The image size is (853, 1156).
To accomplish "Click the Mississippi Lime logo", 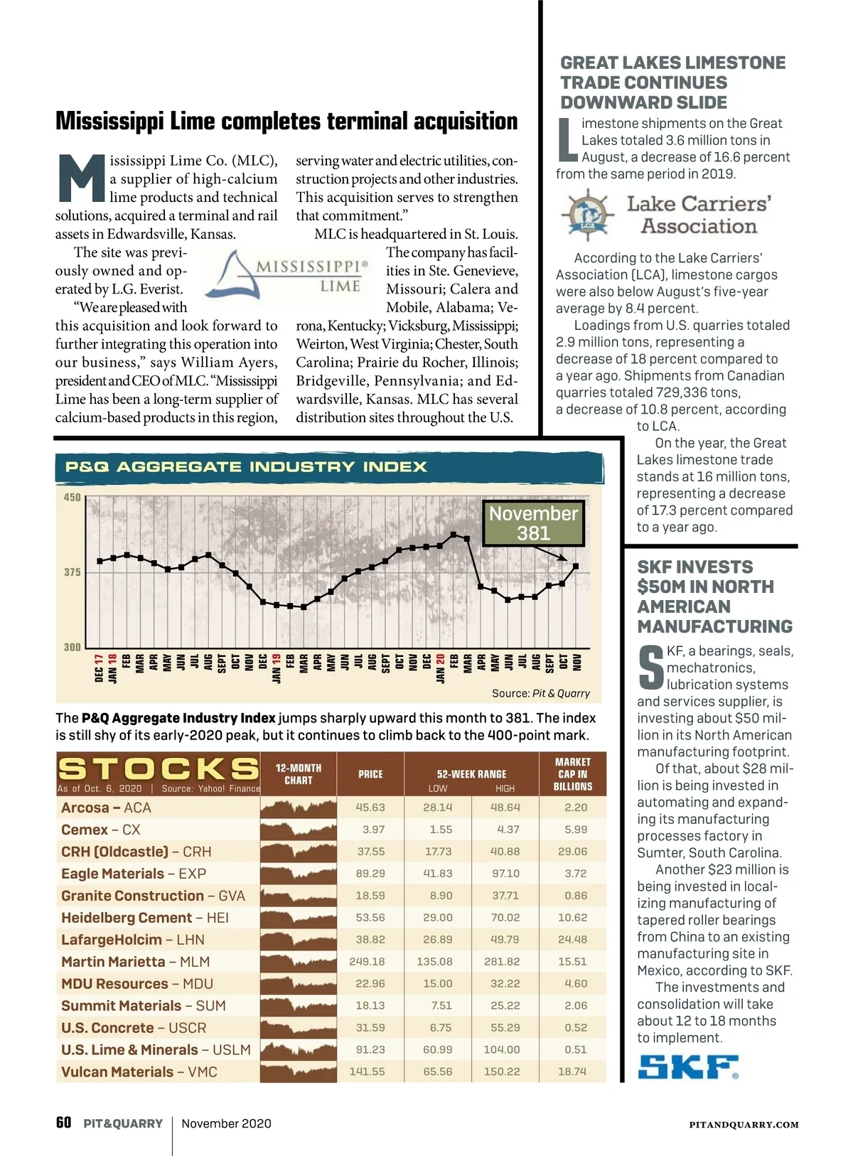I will click(x=287, y=276).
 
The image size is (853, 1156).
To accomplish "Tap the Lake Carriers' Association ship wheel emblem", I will click(x=587, y=214).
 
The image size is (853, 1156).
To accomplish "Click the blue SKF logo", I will click(x=687, y=1066).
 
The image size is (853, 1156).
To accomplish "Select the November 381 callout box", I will click(x=533, y=523).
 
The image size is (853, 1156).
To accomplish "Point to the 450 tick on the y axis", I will click(x=73, y=498).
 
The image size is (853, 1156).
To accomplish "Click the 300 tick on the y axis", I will click(x=73, y=647).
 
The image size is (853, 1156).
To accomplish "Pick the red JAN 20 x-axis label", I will click(x=440, y=668).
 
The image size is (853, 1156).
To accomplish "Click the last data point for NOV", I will click(x=576, y=566).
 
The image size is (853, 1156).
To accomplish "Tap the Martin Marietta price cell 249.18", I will click(x=367, y=961).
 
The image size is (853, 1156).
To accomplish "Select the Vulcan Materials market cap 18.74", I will click(x=572, y=1071).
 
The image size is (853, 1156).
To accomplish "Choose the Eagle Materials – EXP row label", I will click(x=134, y=874).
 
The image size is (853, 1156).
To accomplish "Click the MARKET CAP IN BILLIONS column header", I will click(x=573, y=774).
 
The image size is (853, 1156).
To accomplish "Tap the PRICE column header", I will click(x=370, y=774).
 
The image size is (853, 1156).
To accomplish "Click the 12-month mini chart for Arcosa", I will click(x=299, y=808).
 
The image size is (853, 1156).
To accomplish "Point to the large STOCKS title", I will click(x=158, y=769).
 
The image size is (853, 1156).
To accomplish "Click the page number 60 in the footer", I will click(x=63, y=1123).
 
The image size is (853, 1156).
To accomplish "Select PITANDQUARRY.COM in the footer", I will click(x=744, y=1125).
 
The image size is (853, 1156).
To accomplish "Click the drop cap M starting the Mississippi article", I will click(x=82, y=178).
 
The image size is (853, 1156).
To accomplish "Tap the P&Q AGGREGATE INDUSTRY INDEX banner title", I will click(x=246, y=467).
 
